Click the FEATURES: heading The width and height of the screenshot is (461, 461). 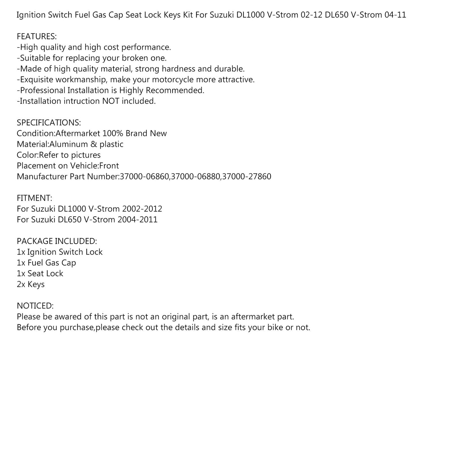click(37, 37)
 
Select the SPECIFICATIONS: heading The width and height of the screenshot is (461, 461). click(49, 123)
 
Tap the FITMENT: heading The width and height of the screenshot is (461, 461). click(34, 198)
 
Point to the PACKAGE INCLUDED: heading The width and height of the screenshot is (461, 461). click(57, 241)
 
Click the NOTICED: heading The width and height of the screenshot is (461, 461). click(35, 306)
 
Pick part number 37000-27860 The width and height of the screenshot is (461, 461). click(247, 177)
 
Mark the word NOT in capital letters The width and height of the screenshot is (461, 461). click(110, 101)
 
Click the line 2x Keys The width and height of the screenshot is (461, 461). click(31, 284)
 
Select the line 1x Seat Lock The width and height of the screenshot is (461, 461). click(40, 274)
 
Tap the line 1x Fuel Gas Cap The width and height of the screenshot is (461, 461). click(47, 263)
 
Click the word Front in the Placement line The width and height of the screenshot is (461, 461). click(109, 166)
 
